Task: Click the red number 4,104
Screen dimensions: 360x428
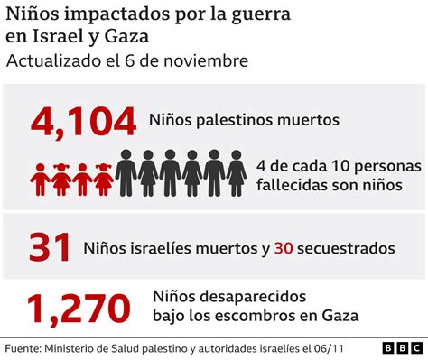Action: (83, 120)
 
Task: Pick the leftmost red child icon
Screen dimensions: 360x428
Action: (40, 179)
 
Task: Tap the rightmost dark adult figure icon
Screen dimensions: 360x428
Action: (236, 172)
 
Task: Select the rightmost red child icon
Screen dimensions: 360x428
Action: (104, 179)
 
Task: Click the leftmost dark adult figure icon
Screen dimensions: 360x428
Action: (126, 172)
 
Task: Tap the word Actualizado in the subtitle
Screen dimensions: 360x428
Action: (54, 62)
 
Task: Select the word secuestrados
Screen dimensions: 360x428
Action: (351, 246)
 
